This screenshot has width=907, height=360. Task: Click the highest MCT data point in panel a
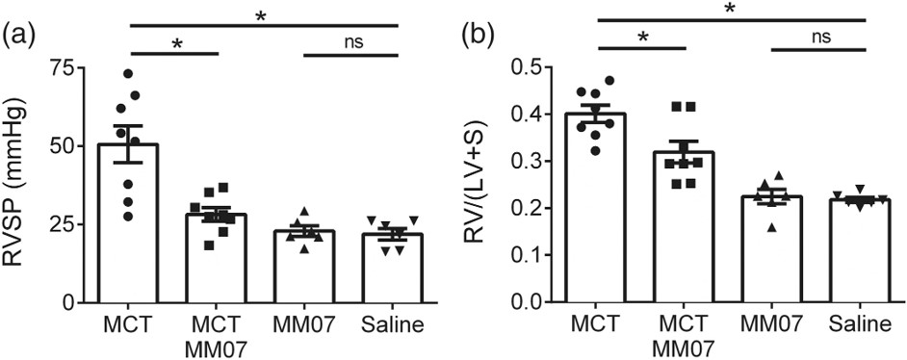[x=128, y=73]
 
